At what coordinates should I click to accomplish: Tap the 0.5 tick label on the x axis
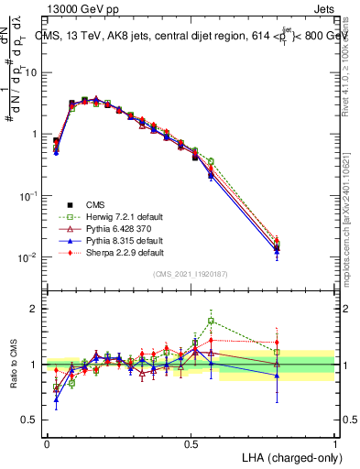pyautogui.click(x=191, y=443)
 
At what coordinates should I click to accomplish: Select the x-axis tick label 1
pyautogui.click(x=334, y=443)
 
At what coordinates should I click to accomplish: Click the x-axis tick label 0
pyautogui.click(x=47, y=443)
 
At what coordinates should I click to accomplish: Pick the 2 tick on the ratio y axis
pyautogui.click(x=33, y=309)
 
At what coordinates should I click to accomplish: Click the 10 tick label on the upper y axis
pyautogui.click(x=30, y=71)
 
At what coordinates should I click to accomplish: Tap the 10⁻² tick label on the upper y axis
pyautogui.click(x=28, y=257)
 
